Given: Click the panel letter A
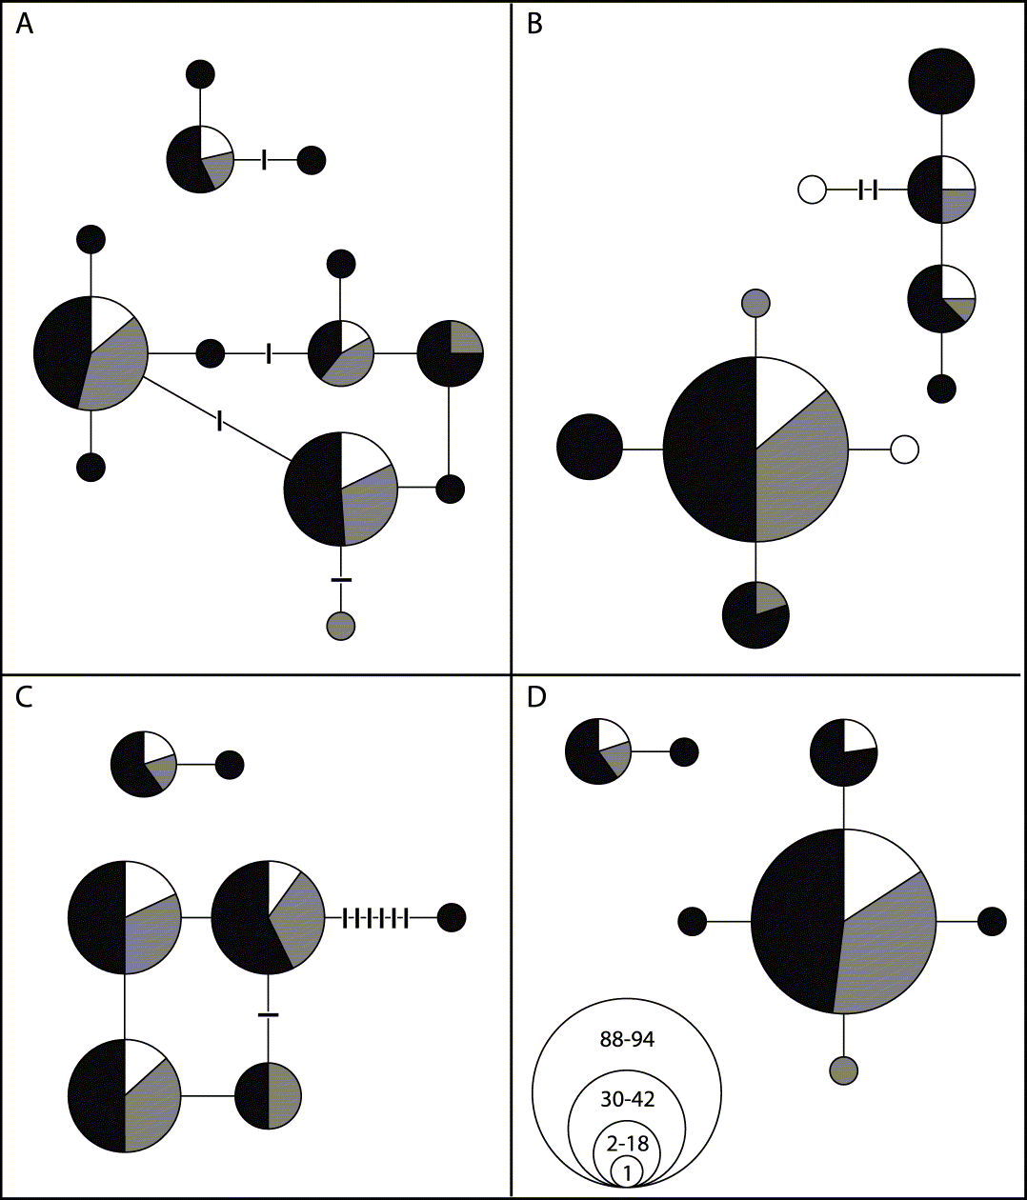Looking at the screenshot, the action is pos(25,24).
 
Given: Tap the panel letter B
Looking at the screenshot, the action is pos(534,24).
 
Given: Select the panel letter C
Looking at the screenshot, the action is pos(25,696).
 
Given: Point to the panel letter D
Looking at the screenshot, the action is pos(536,697).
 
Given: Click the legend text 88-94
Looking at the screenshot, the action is pos(627,1039).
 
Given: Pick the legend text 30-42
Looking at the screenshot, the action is pos(627,1099).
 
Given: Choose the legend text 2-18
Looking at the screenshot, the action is pos(627,1143).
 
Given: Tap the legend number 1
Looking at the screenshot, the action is pos(627,1171).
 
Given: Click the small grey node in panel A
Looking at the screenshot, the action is pos(341,626).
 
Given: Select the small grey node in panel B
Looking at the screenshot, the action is pos(755,303).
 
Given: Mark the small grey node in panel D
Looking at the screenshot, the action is pos(844,1070).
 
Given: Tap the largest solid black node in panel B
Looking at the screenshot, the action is pos(941,82).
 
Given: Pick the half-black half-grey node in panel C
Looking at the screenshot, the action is pos(269,1096).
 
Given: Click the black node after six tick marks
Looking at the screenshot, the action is pos(452,918).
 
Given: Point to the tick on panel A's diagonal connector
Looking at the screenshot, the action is pos(220,420).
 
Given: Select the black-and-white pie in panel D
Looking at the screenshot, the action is pos(843,752).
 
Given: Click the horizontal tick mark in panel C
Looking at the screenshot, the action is pos(269,1014).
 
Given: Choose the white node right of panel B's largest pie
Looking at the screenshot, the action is pos(904,449).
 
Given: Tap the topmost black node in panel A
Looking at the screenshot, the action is pos(200,74).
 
